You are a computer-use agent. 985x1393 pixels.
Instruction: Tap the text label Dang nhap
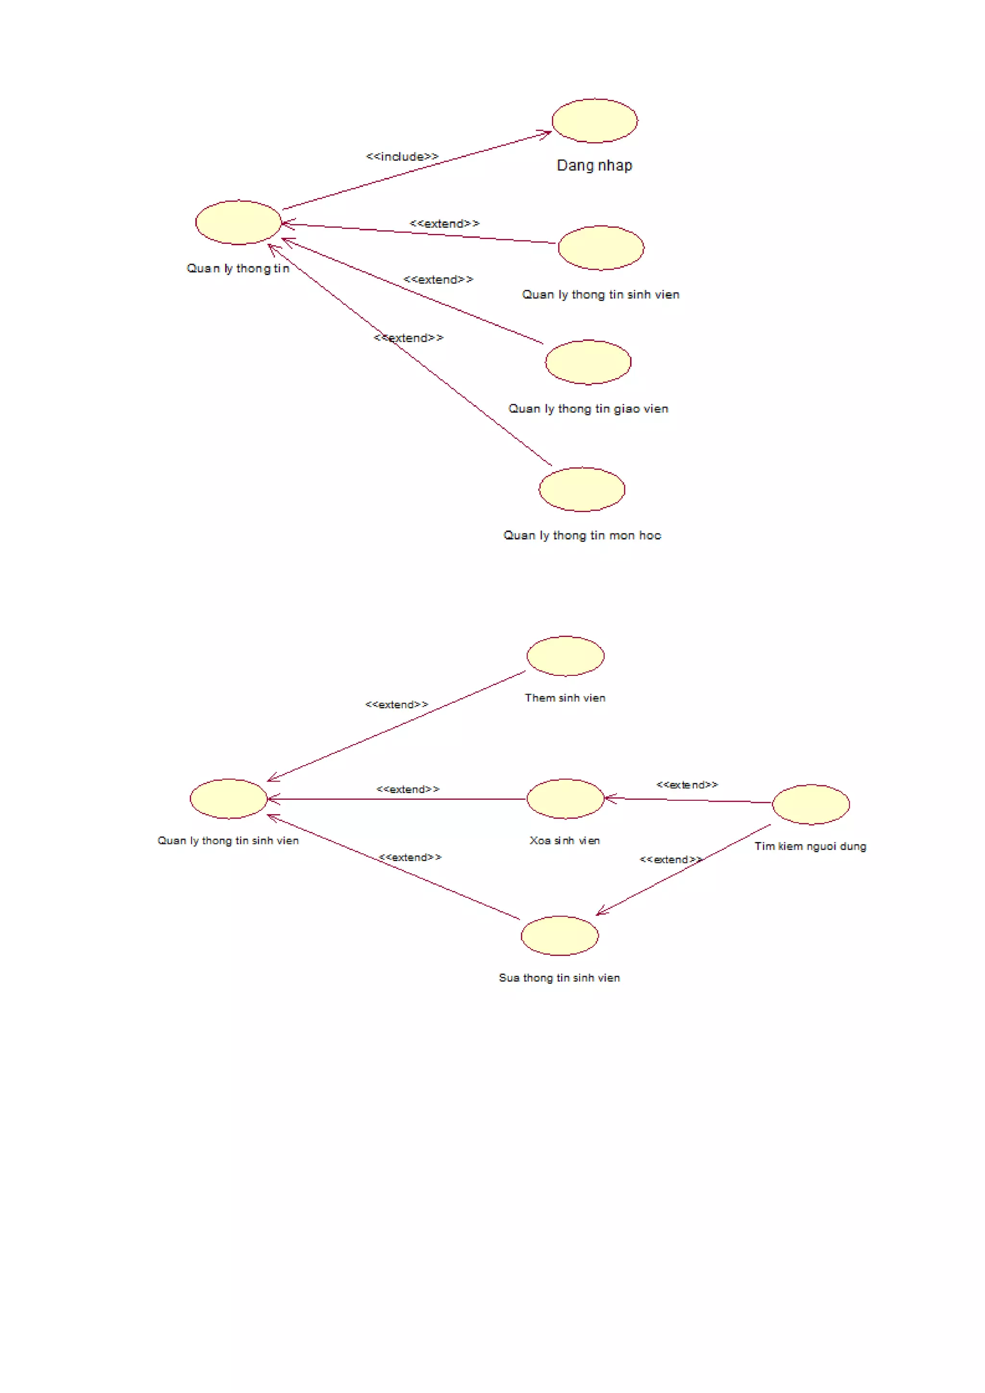tap(594, 166)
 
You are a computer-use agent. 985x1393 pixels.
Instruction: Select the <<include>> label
tap(402, 157)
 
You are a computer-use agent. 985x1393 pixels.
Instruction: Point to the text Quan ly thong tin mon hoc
tap(582, 535)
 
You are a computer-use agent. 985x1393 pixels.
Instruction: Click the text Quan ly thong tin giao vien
tap(588, 409)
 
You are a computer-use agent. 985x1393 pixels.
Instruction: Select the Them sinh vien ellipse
tap(565, 656)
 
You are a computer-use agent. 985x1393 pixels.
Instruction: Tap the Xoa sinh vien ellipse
tap(565, 798)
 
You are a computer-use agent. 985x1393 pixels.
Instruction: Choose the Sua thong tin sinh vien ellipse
tap(559, 935)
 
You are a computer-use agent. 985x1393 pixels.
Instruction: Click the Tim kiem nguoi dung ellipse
tap(810, 805)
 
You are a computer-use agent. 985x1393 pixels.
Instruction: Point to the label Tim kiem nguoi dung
tap(810, 846)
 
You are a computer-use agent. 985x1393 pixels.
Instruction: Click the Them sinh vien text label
tap(565, 698)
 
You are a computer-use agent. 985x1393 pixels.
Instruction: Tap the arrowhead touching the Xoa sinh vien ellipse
tap(609, 798)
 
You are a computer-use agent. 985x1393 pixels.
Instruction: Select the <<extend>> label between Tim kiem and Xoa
tap(687, 785)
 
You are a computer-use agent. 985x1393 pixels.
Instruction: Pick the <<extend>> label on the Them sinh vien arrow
tap(396, 704)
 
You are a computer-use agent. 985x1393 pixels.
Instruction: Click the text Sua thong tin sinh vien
tap(559, 978)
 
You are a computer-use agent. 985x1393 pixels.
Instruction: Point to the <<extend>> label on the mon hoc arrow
tap(408, 338)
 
